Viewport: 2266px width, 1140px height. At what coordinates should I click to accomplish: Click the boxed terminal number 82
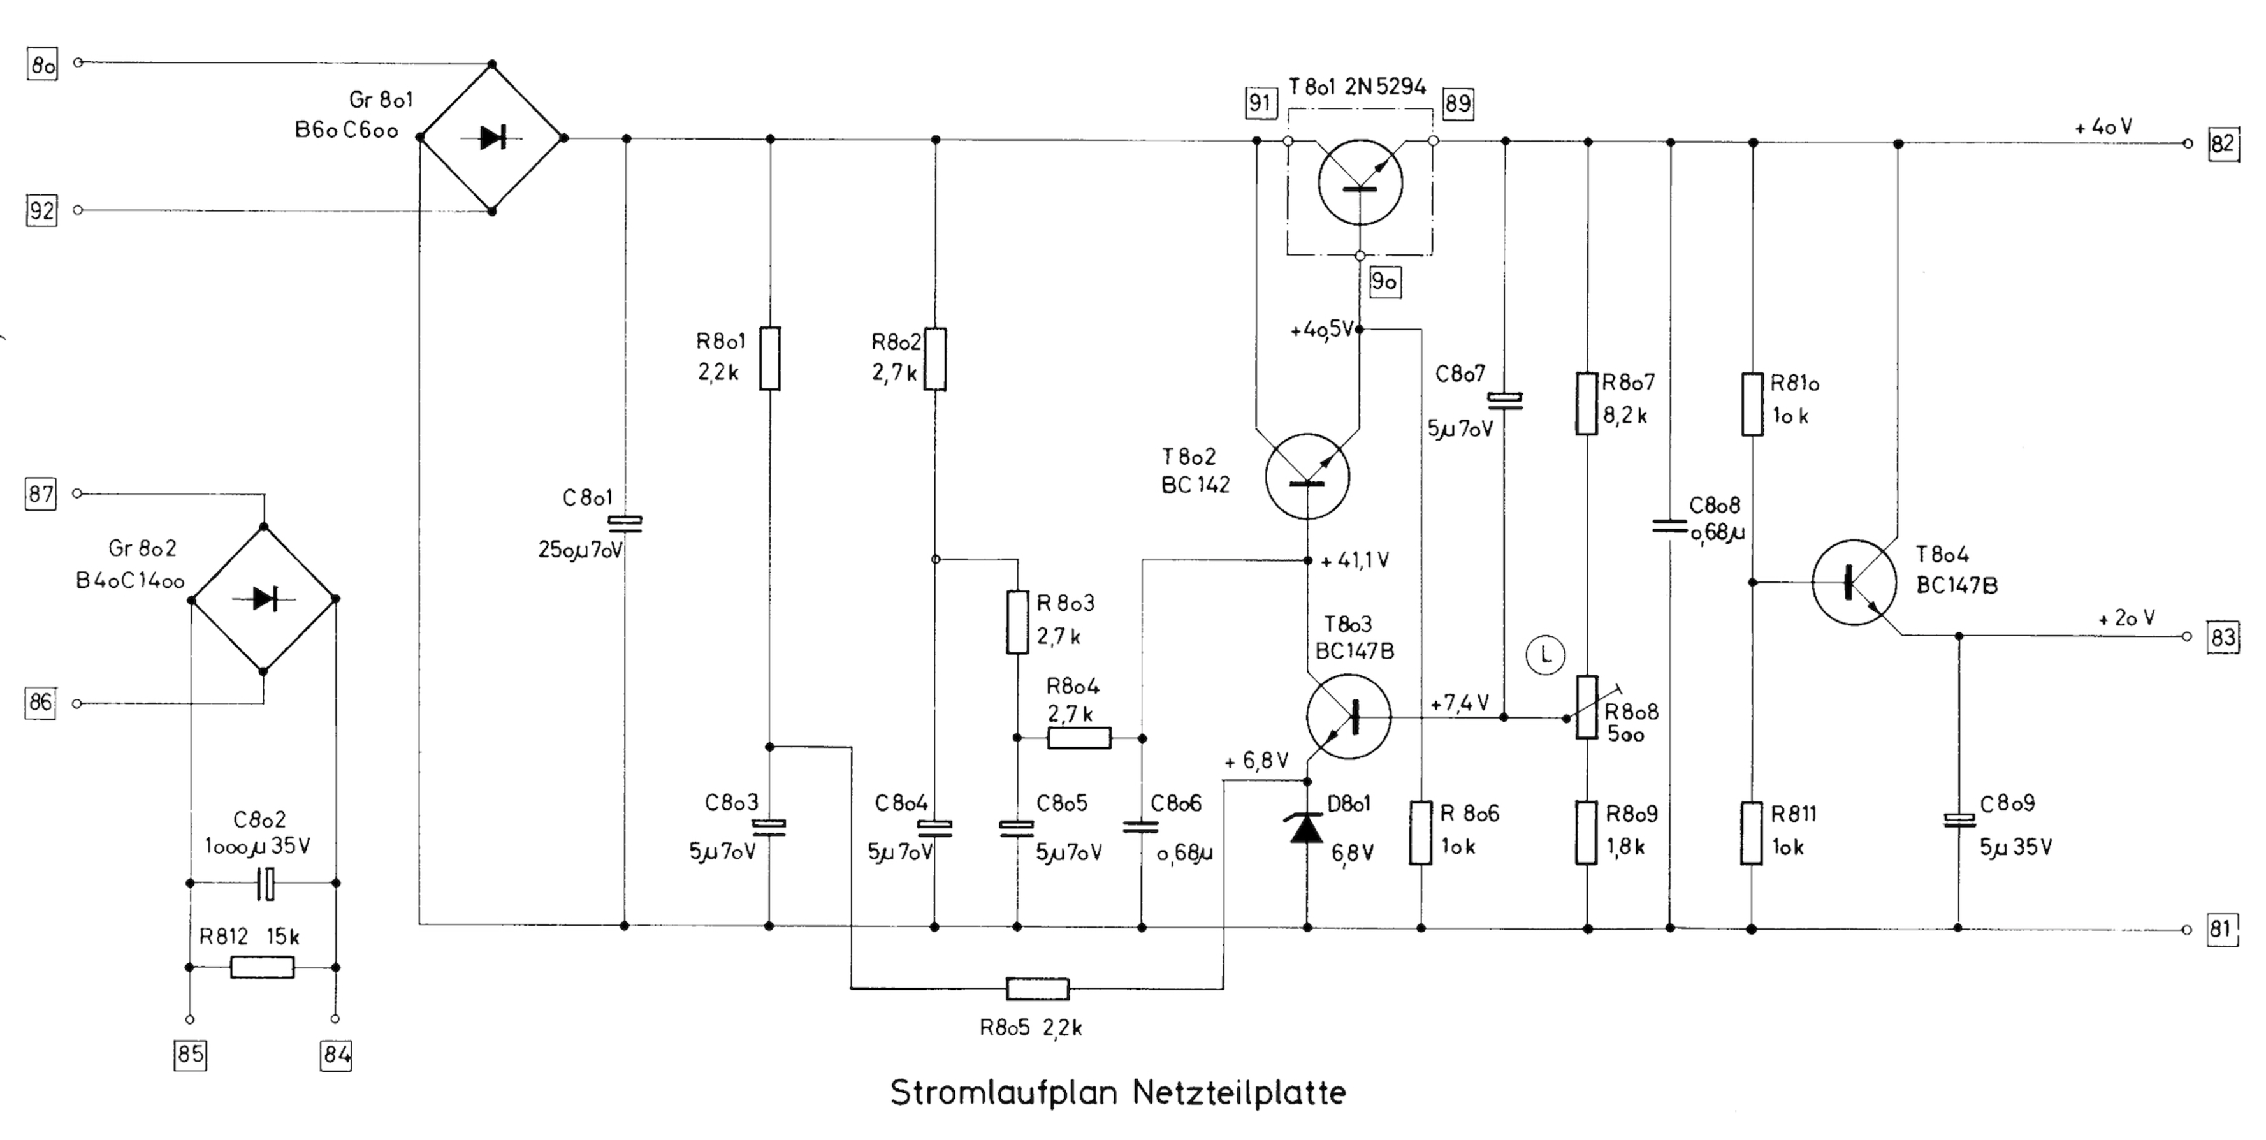tap(2223, 143)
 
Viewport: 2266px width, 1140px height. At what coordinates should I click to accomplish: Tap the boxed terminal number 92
tap(41, 211)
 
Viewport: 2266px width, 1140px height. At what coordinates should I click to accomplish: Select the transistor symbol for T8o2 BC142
tap(1307, 476)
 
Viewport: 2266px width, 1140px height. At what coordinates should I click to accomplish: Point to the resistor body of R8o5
tap(1037, 989)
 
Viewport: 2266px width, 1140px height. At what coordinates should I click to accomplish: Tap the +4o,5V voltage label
tap(1321, 330)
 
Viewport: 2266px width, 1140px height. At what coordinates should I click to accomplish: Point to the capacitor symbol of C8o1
tap(625, 524)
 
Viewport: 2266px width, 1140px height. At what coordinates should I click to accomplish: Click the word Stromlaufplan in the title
tap(1005, 1093)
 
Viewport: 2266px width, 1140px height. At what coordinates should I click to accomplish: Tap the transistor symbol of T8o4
tap(1854, 582)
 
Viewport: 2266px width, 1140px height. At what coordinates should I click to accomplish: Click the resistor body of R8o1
tap(770, 358)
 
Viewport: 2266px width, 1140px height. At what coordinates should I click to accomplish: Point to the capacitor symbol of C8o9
tap(1958, 821)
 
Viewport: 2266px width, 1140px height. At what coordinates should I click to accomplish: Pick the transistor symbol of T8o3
tap(1347, 716)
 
